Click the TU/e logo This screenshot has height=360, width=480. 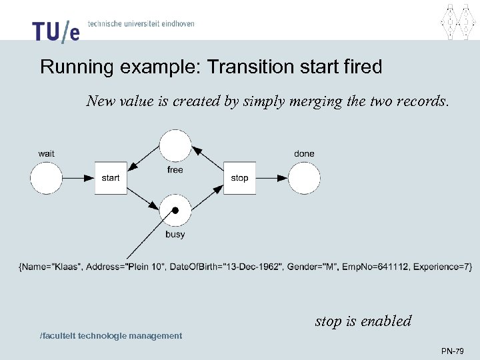(x=55, y=30)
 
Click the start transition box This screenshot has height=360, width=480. (x=111, y=178)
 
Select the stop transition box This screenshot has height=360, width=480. (x=239, y=178)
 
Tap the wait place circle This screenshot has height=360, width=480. (x=47, y=178)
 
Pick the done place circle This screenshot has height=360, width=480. (x=304, y=178)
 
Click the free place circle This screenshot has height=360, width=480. (x=175, y=146)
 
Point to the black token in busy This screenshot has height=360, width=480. (x=175, y=211)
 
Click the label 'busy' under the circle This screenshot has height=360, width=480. (x=175, y=234)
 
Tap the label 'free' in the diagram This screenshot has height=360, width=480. (x=175, y=170)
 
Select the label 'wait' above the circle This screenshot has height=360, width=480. (x=47, y=154)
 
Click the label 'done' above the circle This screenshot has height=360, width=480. (x=304, y=154)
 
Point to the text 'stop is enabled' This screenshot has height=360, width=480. (x=363, y=321)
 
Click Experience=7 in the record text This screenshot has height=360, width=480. (x=441, y=267)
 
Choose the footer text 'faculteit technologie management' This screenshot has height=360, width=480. (x=111, y=336)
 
